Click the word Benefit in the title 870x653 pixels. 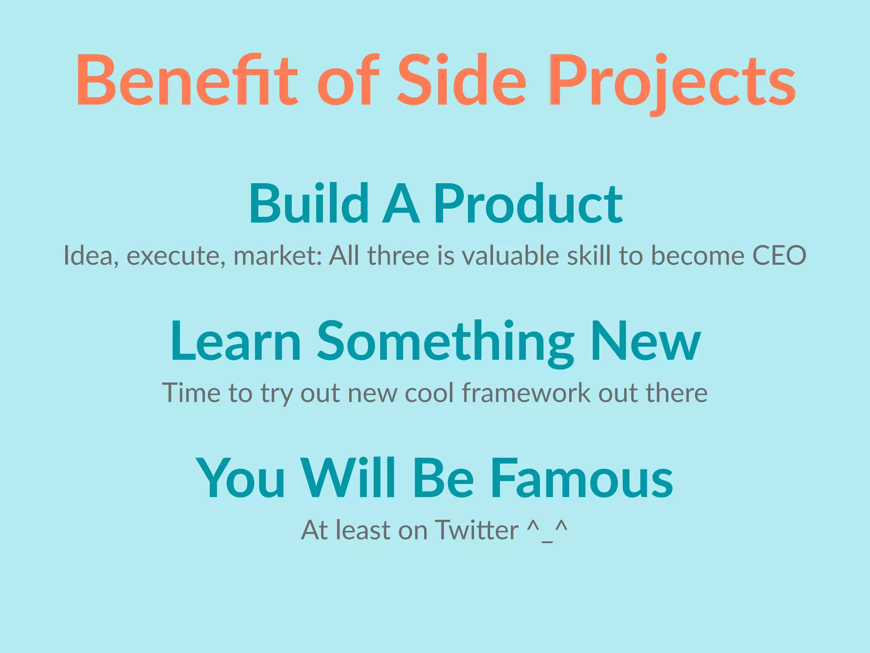click(x=187, y=81)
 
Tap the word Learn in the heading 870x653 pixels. click(x=236, y=341)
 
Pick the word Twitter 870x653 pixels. click(x=477, y=530)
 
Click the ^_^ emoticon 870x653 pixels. click(x=547, y=530)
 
